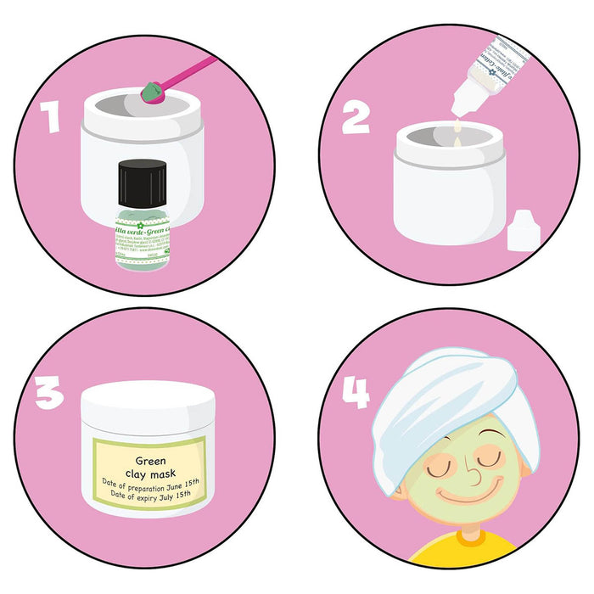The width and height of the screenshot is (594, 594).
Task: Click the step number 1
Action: click(53, 116)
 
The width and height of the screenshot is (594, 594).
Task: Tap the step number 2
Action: click(356, 116)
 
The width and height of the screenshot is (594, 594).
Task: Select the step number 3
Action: click(50, 394)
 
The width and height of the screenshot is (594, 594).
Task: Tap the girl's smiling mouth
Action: click(468, 494)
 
